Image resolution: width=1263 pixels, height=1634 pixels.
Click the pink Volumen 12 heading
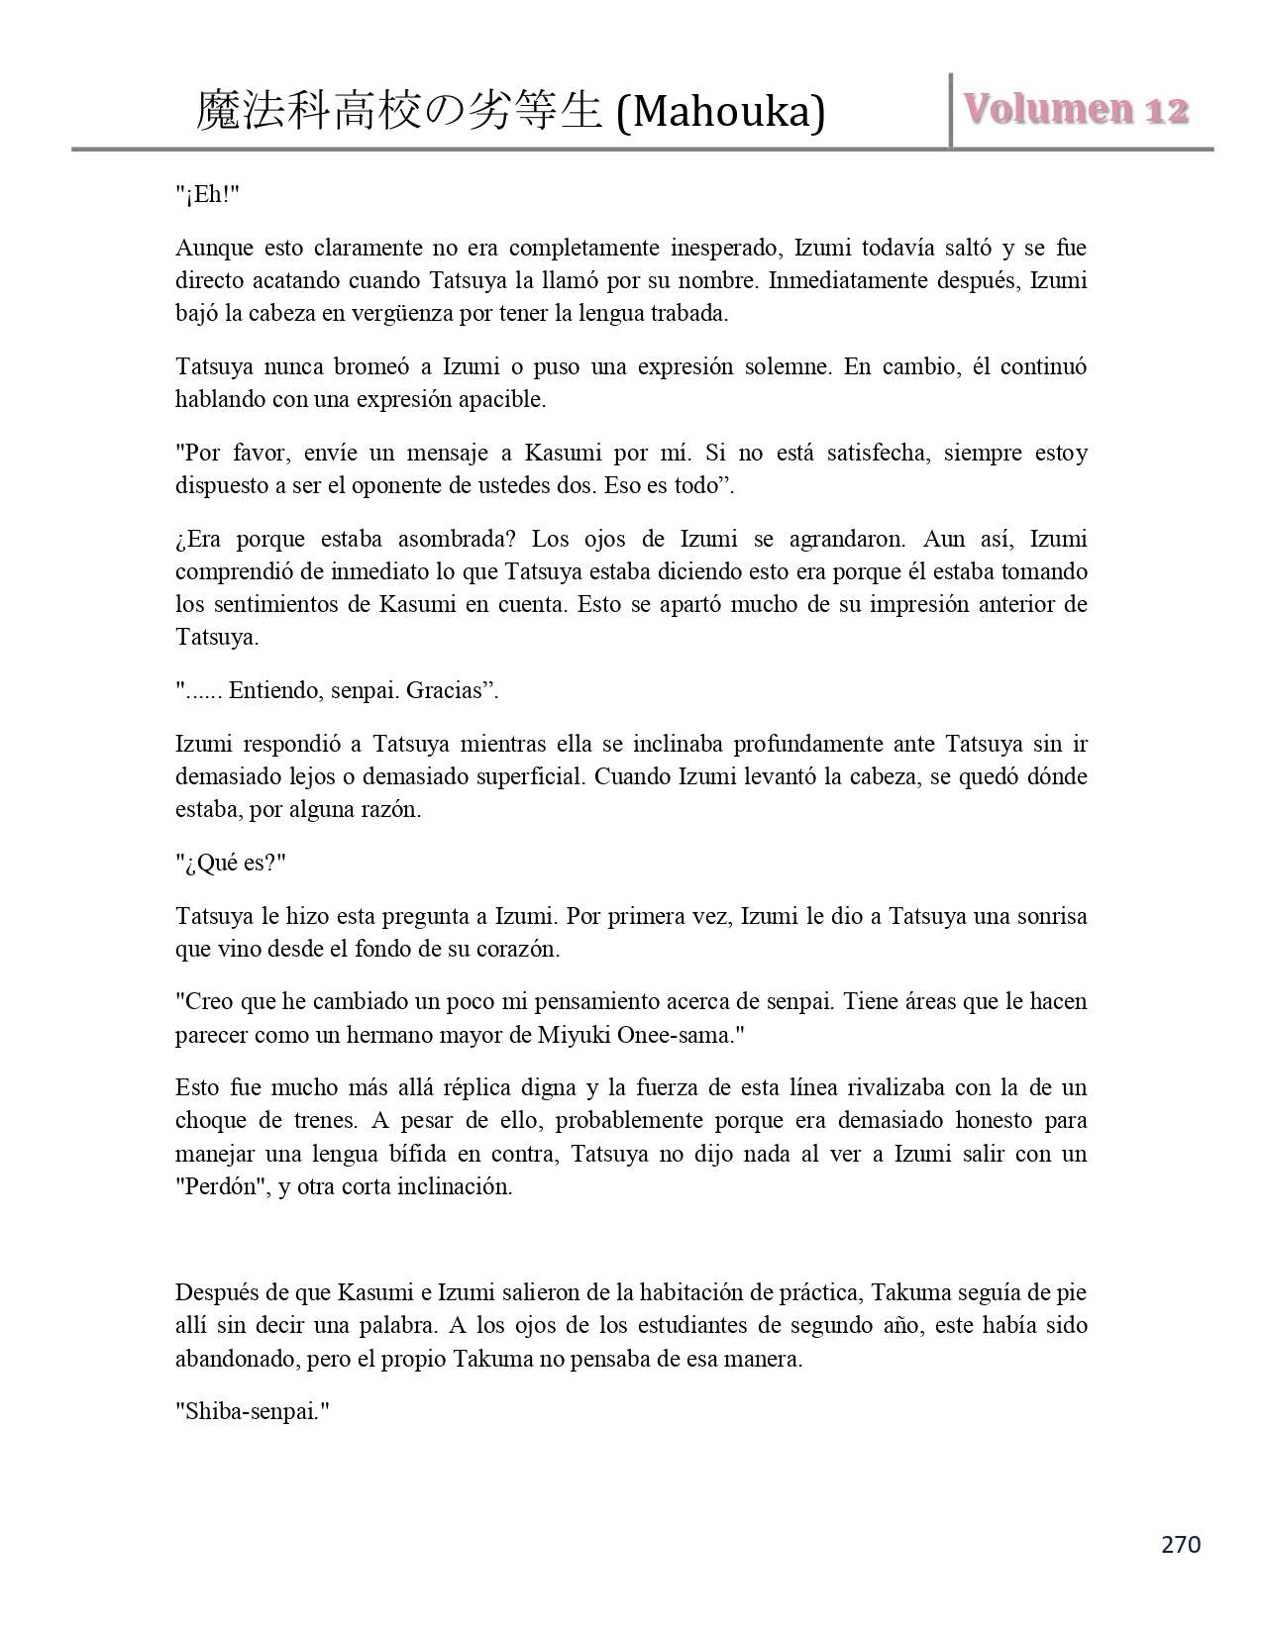tap(1075, 110)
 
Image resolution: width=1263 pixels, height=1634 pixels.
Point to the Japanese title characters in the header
tap(398, 111)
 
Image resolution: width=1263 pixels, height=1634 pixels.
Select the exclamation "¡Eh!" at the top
tap(208, 194)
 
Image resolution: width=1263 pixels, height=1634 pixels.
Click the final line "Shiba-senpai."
tap(252, 1411)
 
